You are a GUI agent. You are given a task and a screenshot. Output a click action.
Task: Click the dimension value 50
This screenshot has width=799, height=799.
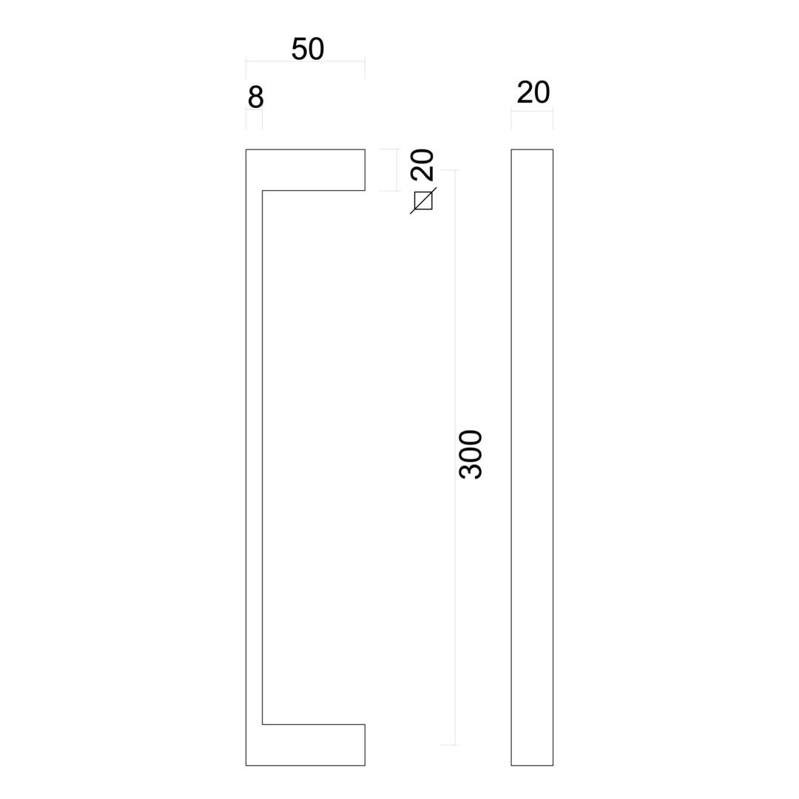307,50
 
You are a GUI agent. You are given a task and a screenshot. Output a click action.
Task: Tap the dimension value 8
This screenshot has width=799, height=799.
255,98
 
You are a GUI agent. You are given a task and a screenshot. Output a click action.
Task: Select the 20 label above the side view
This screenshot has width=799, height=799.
533,92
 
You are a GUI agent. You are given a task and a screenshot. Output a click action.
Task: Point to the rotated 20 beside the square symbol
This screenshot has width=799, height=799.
423,164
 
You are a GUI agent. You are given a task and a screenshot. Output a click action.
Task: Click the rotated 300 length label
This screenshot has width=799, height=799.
471,454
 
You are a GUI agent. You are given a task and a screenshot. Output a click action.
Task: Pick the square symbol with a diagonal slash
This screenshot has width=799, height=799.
423,200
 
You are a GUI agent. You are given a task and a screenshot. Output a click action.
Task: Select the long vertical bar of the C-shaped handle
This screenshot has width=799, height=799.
254,457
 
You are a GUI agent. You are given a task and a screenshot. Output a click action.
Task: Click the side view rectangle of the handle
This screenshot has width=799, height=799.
532,457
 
